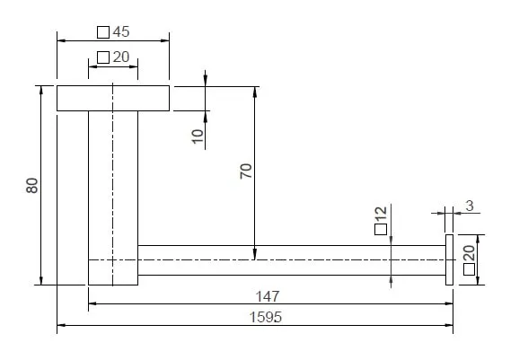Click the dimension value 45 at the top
tap(121, 32)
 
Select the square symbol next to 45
tap(103, 32)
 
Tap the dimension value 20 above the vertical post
tap(121, 57)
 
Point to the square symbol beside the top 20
tap(103, 57)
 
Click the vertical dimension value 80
tap(32, 186)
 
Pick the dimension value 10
tap(198, 136)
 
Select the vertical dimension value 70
tap(246, 171)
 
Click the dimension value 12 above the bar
tap(381, 215)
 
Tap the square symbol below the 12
tap(381, 229)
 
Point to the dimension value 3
tap(470, 206)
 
